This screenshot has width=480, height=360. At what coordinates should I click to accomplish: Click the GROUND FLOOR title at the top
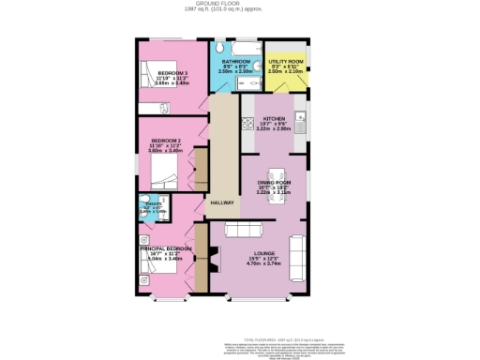[x=239, y=5]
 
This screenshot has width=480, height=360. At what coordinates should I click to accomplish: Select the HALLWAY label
[x=221, y=202]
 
